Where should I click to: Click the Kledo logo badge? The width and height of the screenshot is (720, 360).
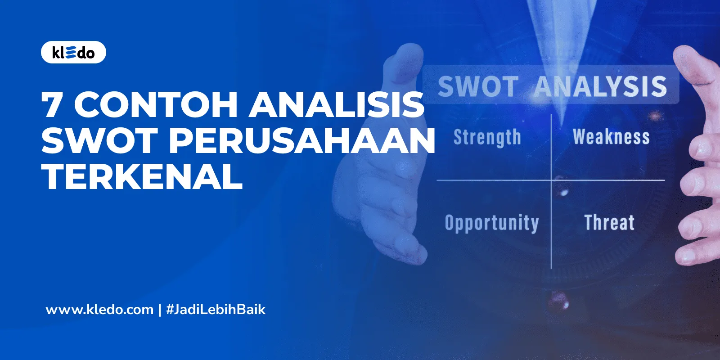click(x=73, y=53)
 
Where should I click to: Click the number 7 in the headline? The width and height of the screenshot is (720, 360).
click(x=52, y=104)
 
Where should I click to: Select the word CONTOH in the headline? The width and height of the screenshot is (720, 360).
click(x=156, y=104)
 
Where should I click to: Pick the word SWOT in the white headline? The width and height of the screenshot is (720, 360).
click(x=99, y=140)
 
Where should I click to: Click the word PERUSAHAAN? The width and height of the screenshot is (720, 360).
click(x=301, y=140)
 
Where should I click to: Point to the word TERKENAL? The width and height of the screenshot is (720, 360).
click(x=142, y=176)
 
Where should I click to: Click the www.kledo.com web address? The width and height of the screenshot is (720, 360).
click(x=99, y=310)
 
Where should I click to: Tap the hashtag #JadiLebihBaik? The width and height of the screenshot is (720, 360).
click(x=216, y=310)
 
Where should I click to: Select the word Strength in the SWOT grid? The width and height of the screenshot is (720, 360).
click(x=487, y=137)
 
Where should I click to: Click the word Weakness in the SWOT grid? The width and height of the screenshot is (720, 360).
click(x=611, y=137)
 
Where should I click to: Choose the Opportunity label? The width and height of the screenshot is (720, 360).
click(x=491, y=223)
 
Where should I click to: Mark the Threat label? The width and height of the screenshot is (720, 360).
click(x=609, y=222)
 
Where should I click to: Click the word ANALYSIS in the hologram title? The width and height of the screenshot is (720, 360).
click(x=600, y=86)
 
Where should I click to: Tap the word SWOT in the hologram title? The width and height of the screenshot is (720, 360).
click(x=477, y=86)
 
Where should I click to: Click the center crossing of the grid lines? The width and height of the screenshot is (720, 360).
click(x=552, y=180)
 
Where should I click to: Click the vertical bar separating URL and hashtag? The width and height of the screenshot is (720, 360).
click(x=160, y=310)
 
